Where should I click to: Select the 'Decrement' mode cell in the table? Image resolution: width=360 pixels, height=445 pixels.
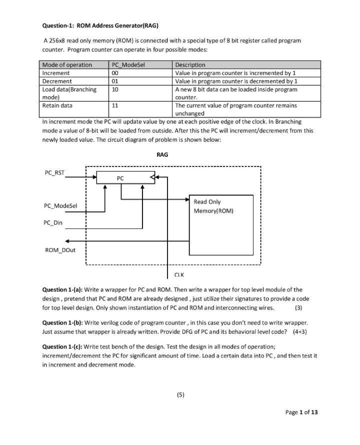click(56, 81)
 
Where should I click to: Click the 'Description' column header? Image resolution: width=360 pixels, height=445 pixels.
click(190, 64)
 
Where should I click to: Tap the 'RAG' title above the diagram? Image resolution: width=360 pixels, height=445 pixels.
click(162, 155)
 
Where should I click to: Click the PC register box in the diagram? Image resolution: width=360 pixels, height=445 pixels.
click(125, 177)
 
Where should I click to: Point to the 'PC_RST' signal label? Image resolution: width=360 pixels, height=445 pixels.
click(54, 173)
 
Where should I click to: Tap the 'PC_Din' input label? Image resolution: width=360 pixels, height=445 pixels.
click(53, 223)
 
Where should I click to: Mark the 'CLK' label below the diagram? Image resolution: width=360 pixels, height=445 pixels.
click(179, 274)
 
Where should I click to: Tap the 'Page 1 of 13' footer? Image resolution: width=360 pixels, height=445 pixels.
click(301, 412)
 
